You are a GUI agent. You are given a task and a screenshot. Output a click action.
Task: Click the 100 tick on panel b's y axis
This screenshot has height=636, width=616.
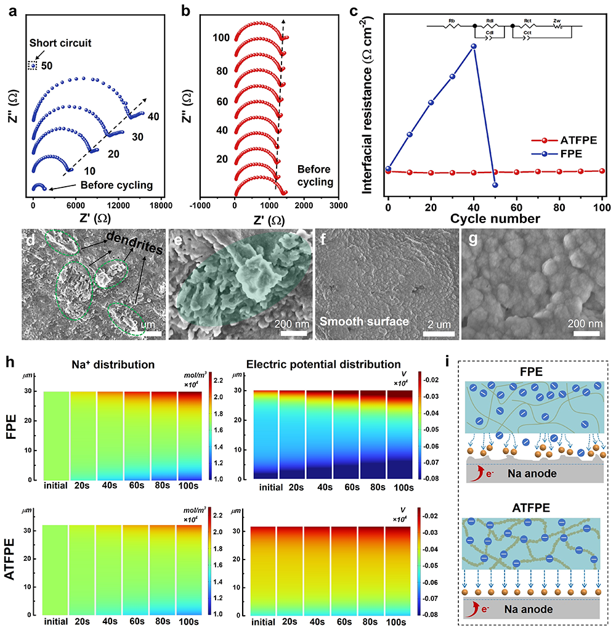[221, 38]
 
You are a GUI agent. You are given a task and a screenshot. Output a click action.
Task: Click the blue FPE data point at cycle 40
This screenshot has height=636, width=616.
[474, 46]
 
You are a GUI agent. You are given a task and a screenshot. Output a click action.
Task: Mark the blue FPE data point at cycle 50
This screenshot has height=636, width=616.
[495, 185]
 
